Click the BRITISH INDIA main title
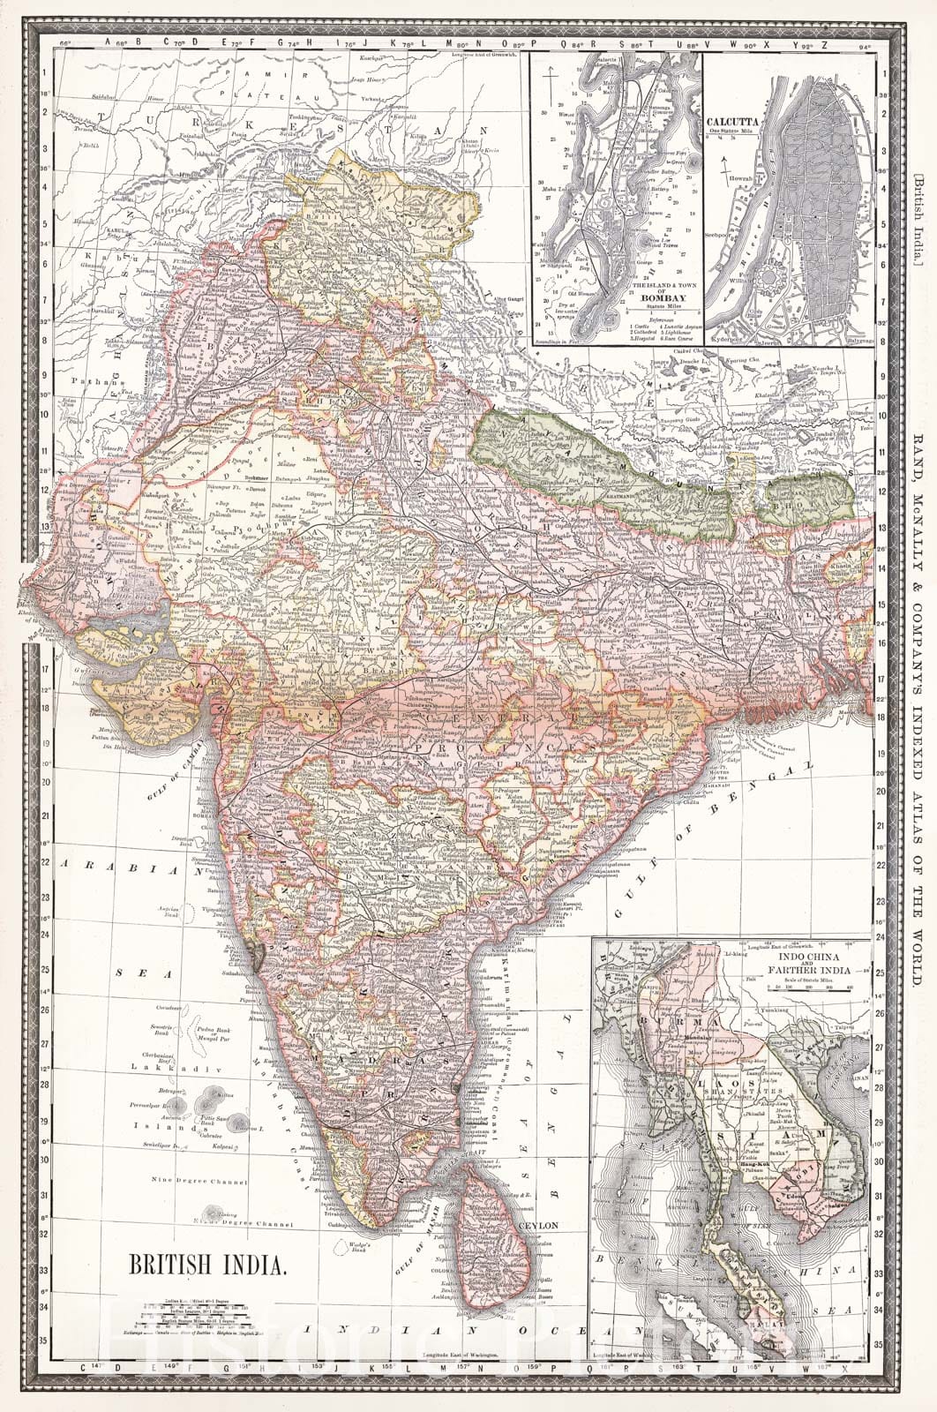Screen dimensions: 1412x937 (x=208, y=1265)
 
